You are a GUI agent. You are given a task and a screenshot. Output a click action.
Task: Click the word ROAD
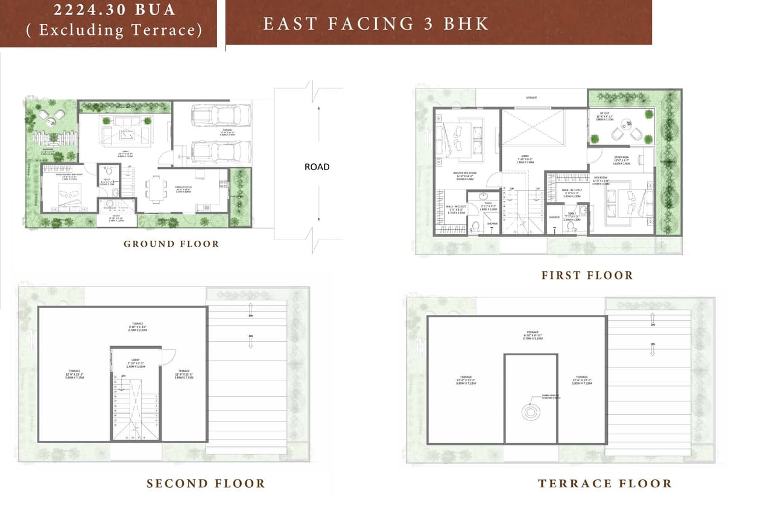[x=317, y=166]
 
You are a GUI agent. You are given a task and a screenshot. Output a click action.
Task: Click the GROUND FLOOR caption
[x=171, y=244]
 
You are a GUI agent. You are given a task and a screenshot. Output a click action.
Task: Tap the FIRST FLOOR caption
[x=587, y=276]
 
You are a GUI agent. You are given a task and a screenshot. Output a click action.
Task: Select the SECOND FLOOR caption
[x=206, y=484]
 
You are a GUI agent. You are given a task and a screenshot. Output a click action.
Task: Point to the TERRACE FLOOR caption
[x=604, y=484]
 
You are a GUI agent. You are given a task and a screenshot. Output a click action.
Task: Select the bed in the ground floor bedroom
[x=68, y=194]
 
